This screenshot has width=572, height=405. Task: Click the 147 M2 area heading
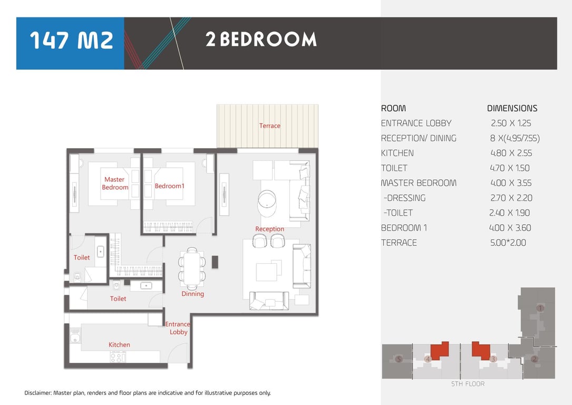coord(72,40)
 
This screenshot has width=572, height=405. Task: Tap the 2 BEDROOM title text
coord(261,39)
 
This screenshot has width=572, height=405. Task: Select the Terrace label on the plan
coord(269,126)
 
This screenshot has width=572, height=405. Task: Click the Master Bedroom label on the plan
coord(115,183)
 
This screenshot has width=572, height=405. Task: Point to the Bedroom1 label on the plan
coord(170,186)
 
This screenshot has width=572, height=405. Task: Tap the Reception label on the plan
coord(269,229)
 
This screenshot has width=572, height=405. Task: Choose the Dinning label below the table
coord(192,294)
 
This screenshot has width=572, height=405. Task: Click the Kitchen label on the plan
coord(119,344)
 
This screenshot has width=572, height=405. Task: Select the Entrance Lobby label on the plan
coord(178,328)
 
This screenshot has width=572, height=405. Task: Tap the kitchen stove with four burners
coord(118,356)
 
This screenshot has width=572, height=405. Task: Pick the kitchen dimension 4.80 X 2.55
coord(511,153)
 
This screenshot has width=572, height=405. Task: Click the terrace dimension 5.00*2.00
coord(508,243)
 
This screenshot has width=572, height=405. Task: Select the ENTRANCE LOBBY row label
coord(416,123)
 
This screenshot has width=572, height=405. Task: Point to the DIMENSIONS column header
coord(512,108)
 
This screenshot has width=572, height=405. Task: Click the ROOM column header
coord(393,108)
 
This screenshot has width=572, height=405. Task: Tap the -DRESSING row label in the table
coord(404,198)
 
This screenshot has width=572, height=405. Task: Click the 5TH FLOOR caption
coord(468,384)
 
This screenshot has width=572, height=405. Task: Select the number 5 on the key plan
coord(399,359)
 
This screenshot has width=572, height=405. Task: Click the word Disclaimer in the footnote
coord(37,393)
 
